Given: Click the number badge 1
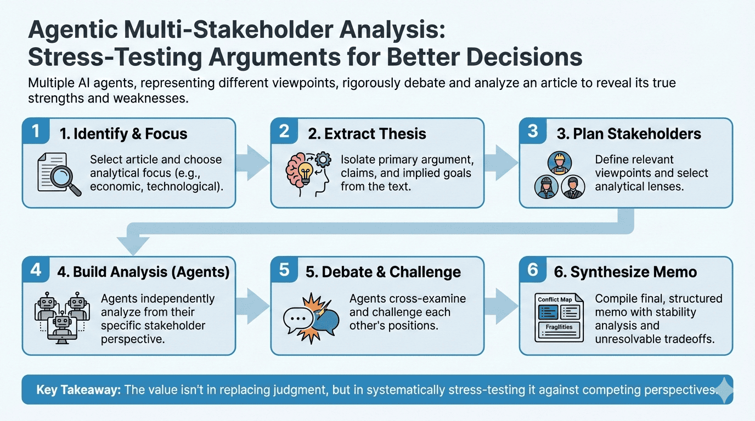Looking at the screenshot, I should [x=36, y=132].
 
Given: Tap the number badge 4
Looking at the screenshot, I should [x=36, y=270].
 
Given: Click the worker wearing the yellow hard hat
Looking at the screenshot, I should [x=559, y=163].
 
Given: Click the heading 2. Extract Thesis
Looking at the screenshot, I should [x=375, y=133].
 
